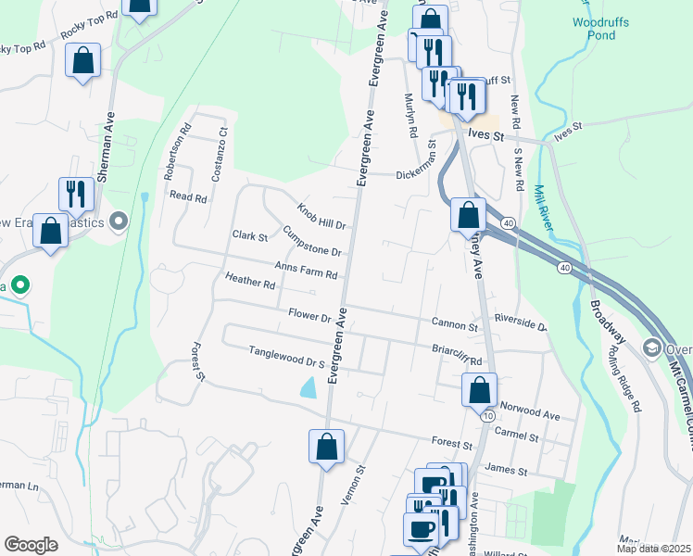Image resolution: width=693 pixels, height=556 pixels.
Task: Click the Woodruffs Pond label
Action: pyautogui.click(x=595, y=28)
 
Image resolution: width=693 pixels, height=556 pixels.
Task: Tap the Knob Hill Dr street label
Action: pyautogui.click(x=321, y=216)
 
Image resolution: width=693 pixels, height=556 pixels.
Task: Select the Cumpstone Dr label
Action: pyautogui.click(x=312, y=242)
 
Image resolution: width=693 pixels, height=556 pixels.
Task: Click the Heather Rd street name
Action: pyautogui.click(x=250, y=280)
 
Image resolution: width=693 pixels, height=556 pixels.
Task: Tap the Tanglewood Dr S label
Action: pyautogui.click(x=287, y=357)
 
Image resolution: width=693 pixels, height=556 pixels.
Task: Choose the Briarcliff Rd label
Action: pyautogui.click(x=458, y=356)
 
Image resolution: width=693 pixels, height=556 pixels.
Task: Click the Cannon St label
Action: pyautogui.click(x=454, y=325)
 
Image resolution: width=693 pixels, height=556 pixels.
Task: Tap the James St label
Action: pyautogui.click(x=505, y=472)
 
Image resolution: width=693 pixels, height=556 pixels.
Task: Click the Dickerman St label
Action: pyautogui.click(x=415, y=173)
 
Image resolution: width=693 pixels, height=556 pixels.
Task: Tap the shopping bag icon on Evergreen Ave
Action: pyautogui.click(x=326, y=447)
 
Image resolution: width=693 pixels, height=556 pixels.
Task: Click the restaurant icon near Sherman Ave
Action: pyautogui.click(x=73, y=194)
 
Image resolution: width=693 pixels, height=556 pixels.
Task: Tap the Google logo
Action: pyautogui.click(x=31, y=544)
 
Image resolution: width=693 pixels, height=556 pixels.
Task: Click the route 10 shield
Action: pyautogui.click(x=487, y=416)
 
